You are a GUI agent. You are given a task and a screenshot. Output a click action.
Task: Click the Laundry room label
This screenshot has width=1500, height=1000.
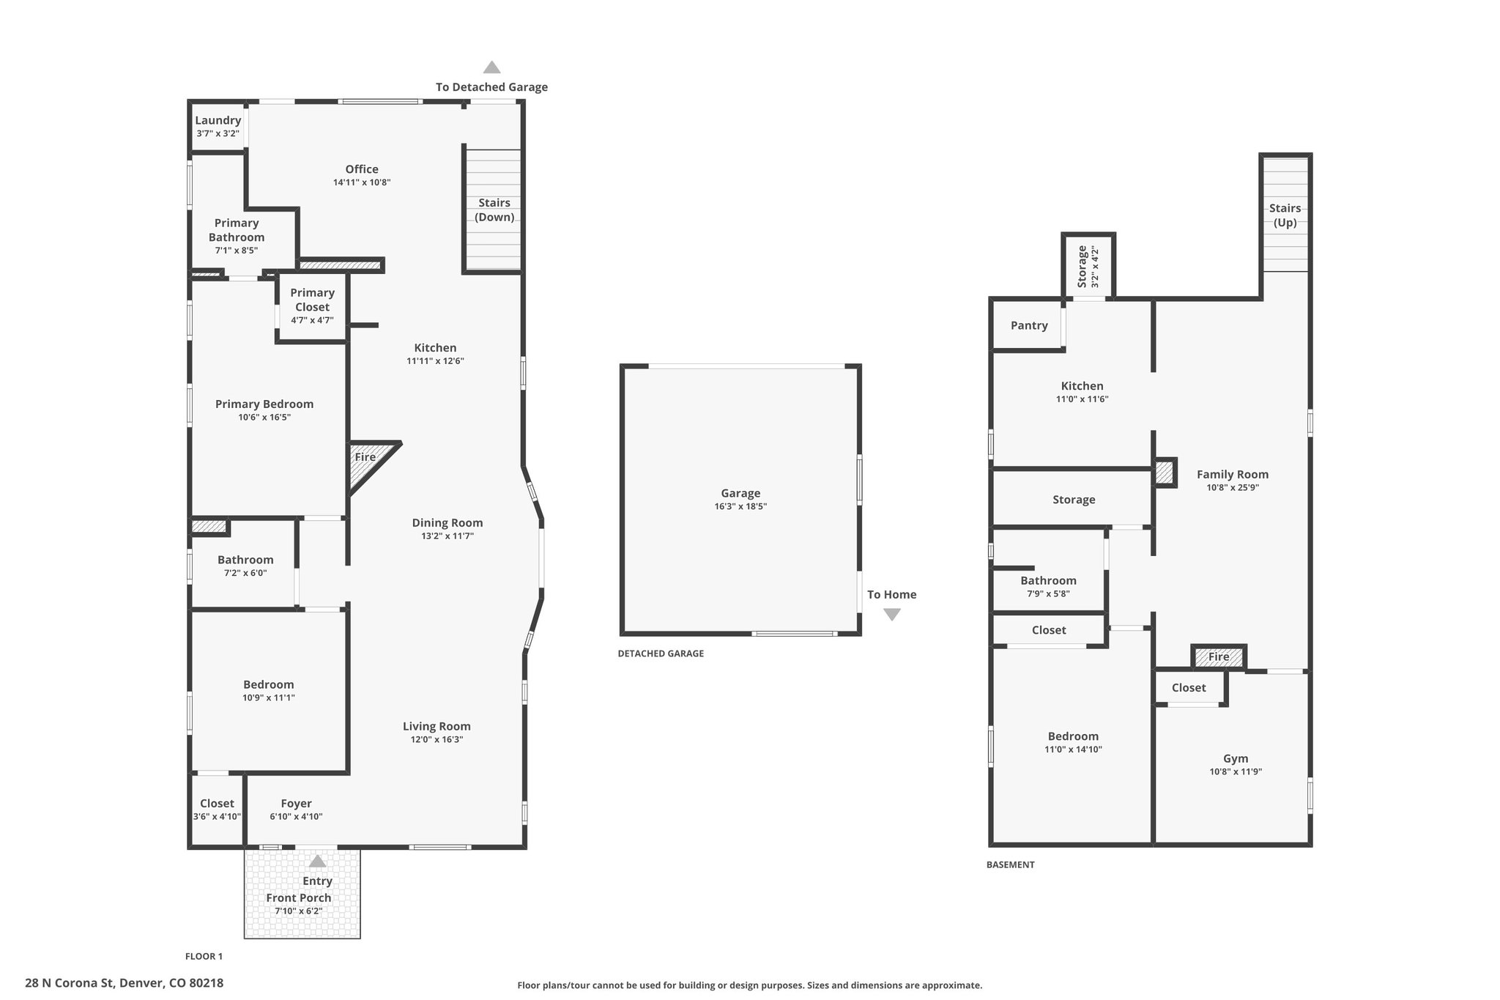coord(218,121)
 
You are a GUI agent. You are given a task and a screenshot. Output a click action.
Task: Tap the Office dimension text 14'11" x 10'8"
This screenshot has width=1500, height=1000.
coord(362,182)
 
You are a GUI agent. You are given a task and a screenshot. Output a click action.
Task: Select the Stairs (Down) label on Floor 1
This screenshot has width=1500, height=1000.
coord(494,210)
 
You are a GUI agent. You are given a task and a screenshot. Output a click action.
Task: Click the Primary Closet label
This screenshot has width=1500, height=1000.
coord(312,300)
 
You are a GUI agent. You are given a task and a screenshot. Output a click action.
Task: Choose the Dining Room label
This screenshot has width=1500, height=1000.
coord(448,523)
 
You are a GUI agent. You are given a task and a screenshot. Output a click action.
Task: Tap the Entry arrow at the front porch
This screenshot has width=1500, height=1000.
coord(317,862)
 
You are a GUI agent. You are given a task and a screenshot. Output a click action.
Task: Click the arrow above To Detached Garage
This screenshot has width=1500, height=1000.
coord(491,67)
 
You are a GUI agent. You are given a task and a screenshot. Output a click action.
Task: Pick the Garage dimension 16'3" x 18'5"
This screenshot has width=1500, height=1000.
coord(740,507)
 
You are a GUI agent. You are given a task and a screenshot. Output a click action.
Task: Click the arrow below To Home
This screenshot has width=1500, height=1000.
coord(891,615)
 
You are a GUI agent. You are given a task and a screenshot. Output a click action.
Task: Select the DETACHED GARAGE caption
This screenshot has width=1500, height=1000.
coord(661,653)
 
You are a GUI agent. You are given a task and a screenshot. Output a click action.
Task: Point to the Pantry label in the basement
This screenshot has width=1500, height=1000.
coord(1029,326)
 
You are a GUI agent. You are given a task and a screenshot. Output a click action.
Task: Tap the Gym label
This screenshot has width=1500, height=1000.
coord(1236,759)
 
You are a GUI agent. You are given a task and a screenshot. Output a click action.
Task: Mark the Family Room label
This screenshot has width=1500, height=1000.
coord(1233,475)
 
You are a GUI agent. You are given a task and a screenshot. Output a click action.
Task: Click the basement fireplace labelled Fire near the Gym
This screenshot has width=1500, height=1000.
coord(1219,656)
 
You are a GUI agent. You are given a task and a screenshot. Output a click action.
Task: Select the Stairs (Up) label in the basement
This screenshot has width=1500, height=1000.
coord(1285,215)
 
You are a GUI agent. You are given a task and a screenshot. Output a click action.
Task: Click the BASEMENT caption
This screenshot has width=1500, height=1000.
coord(1010,864)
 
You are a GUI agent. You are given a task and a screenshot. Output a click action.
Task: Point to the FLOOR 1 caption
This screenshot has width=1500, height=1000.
coord(204,956)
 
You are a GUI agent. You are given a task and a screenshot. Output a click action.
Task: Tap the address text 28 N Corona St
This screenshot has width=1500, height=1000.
coord(70,983)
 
